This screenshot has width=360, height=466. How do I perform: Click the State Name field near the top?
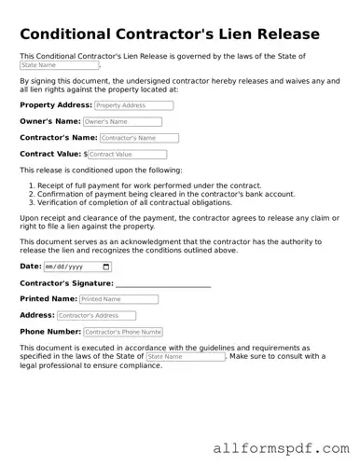59,66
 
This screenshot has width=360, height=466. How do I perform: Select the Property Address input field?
134,105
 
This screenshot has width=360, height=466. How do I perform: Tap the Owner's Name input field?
121,121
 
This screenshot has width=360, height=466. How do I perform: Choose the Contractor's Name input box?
139,138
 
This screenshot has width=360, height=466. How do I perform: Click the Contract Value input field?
127,154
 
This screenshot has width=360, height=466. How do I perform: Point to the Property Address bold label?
55,105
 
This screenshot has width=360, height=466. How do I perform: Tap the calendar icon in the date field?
105,267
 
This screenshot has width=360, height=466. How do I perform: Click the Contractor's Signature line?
163,283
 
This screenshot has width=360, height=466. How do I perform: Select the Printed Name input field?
118,299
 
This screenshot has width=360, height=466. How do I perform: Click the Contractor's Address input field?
96,316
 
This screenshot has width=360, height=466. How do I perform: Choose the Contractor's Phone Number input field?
123,332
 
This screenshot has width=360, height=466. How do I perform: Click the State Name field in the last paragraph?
185,357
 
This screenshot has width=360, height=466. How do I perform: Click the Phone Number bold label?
50,332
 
